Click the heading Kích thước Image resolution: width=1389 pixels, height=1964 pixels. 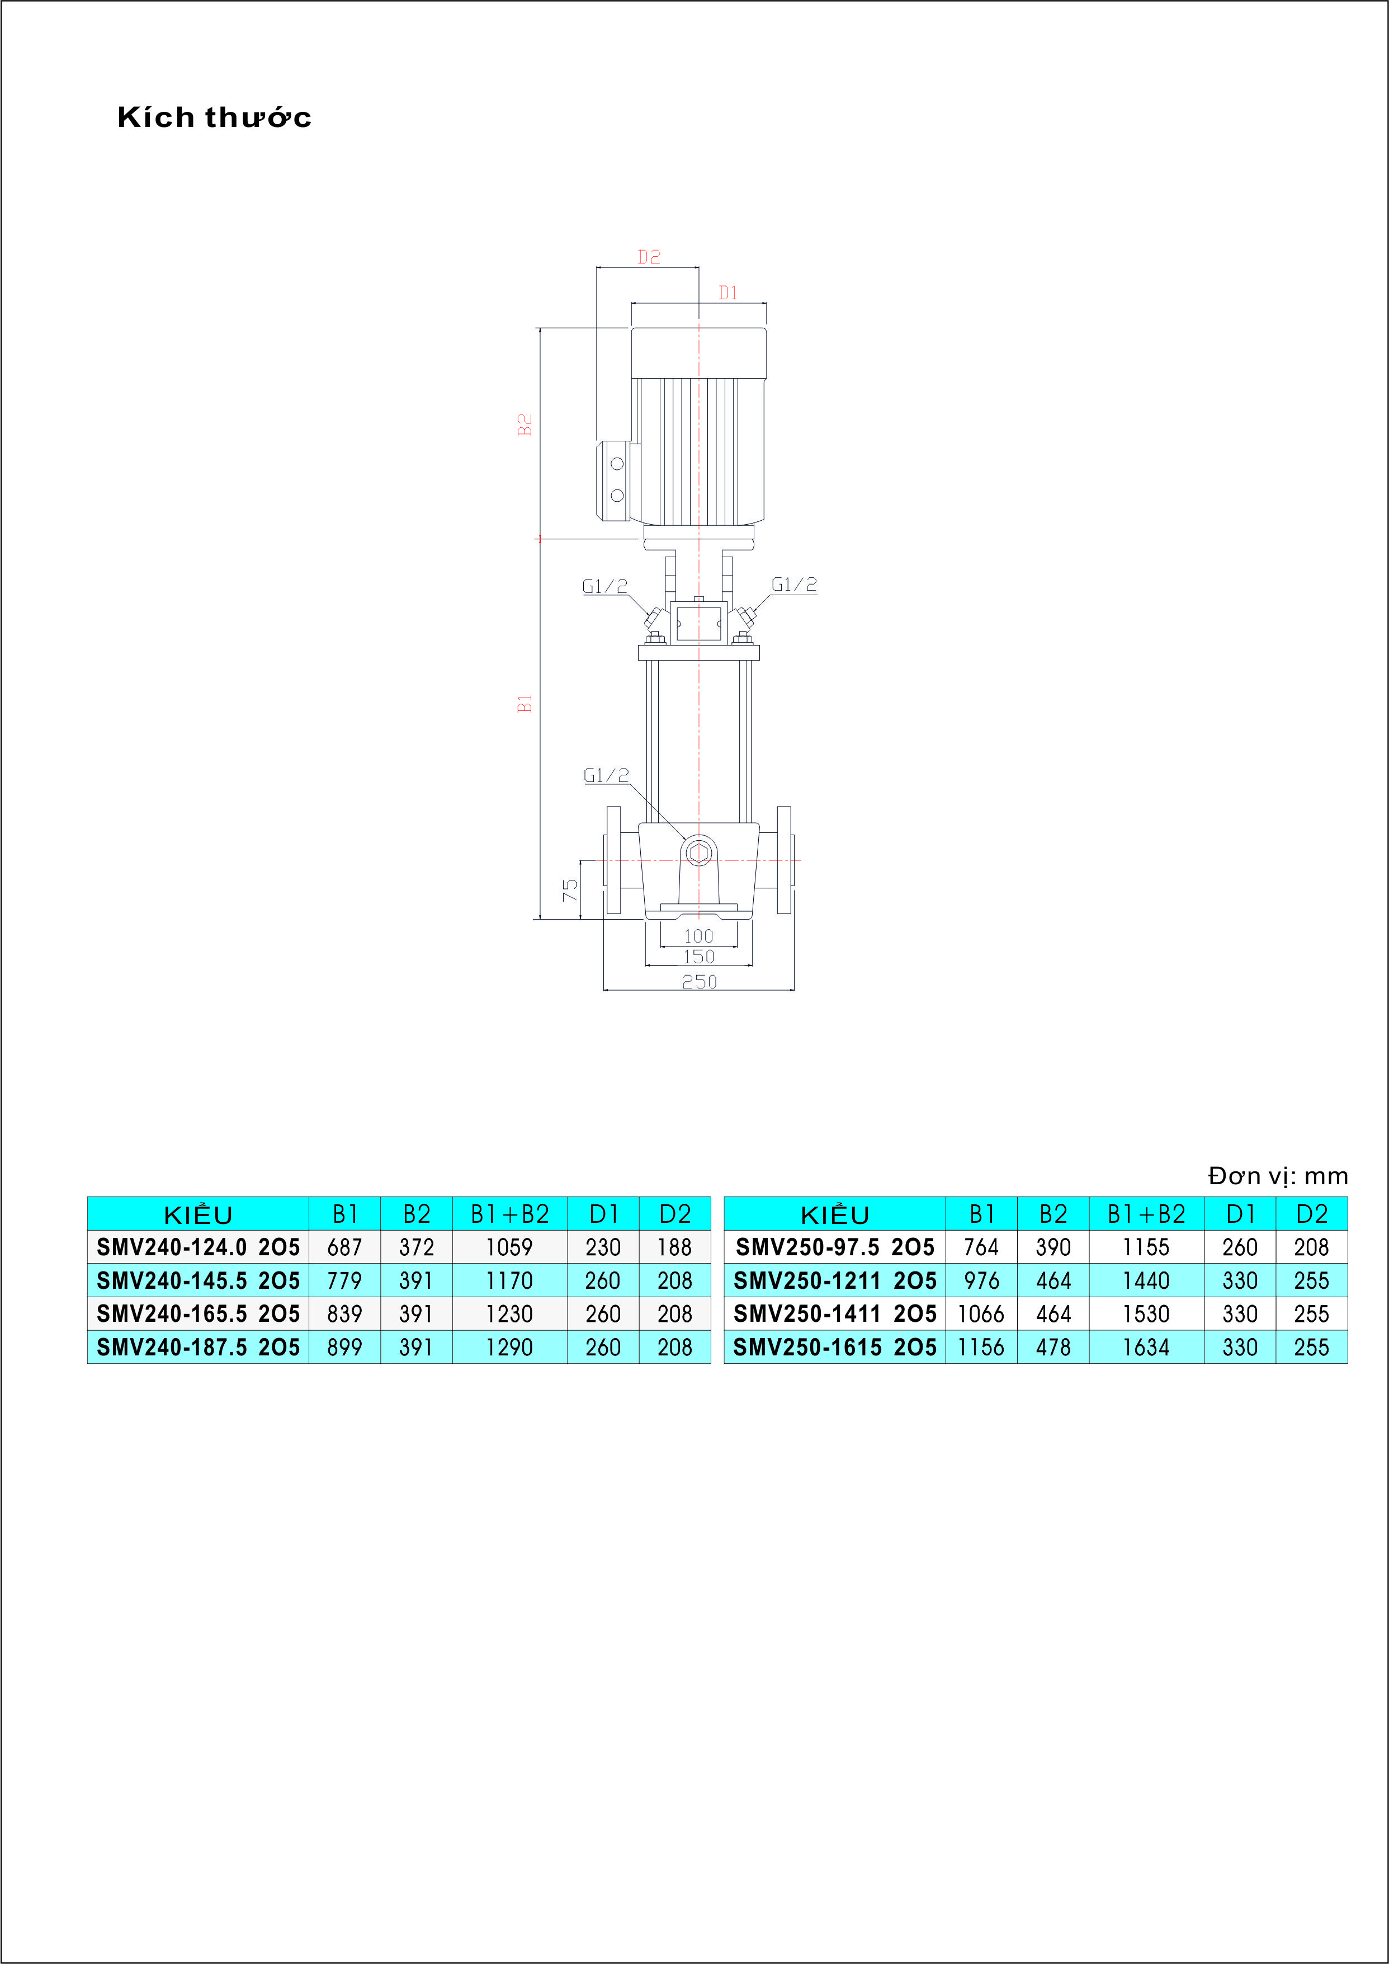pyautogui.click(x=214, y=117)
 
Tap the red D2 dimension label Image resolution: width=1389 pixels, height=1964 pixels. pyautogui.click(x=649, y=257)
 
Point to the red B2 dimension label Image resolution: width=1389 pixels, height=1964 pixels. pyautogui.click(x=525, y=425)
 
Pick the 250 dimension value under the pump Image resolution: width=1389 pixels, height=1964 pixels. pyautogui.click(x=699, y=982)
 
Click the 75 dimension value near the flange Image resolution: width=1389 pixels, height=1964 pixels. pyautogui.click(x=570, y=891)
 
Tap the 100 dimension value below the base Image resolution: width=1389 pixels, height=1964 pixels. pyautogui.click(x=699, y=936)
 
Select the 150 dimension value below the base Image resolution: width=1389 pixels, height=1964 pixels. pyautogui.click(x=699, y=957)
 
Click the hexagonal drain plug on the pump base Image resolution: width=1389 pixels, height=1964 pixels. pyautogui.click(x=699, y=852)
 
